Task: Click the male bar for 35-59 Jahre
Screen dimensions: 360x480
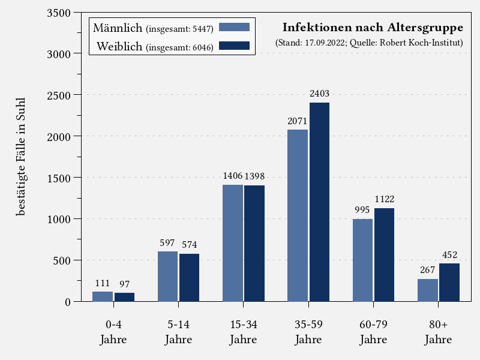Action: tap(298, 215)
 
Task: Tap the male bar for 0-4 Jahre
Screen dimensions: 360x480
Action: tap(103, 296)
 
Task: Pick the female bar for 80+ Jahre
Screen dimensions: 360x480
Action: tap(449, 283)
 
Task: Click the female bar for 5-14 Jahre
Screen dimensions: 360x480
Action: tap(190, 278)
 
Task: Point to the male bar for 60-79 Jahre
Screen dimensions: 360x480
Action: tap(362, 260)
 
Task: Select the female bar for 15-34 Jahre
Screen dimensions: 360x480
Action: tap(254, 244)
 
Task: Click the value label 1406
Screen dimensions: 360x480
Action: tap(233, 176)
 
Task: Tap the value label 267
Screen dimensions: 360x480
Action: tap(428, 270)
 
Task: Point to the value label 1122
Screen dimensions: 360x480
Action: tap(385, 199)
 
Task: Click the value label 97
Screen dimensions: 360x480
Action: tap(124, 284)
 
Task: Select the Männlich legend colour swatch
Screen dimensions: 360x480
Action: tap(234, 27)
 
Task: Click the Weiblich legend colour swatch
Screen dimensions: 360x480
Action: tap(234, 46)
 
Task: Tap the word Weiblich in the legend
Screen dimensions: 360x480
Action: tap(119, 46)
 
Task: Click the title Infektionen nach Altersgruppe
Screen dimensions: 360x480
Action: tap(373, 28)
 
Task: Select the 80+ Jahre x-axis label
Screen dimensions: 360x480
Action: tap(438, 332)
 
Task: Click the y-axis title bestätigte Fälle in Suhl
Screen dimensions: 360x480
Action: tap(22, 156)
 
